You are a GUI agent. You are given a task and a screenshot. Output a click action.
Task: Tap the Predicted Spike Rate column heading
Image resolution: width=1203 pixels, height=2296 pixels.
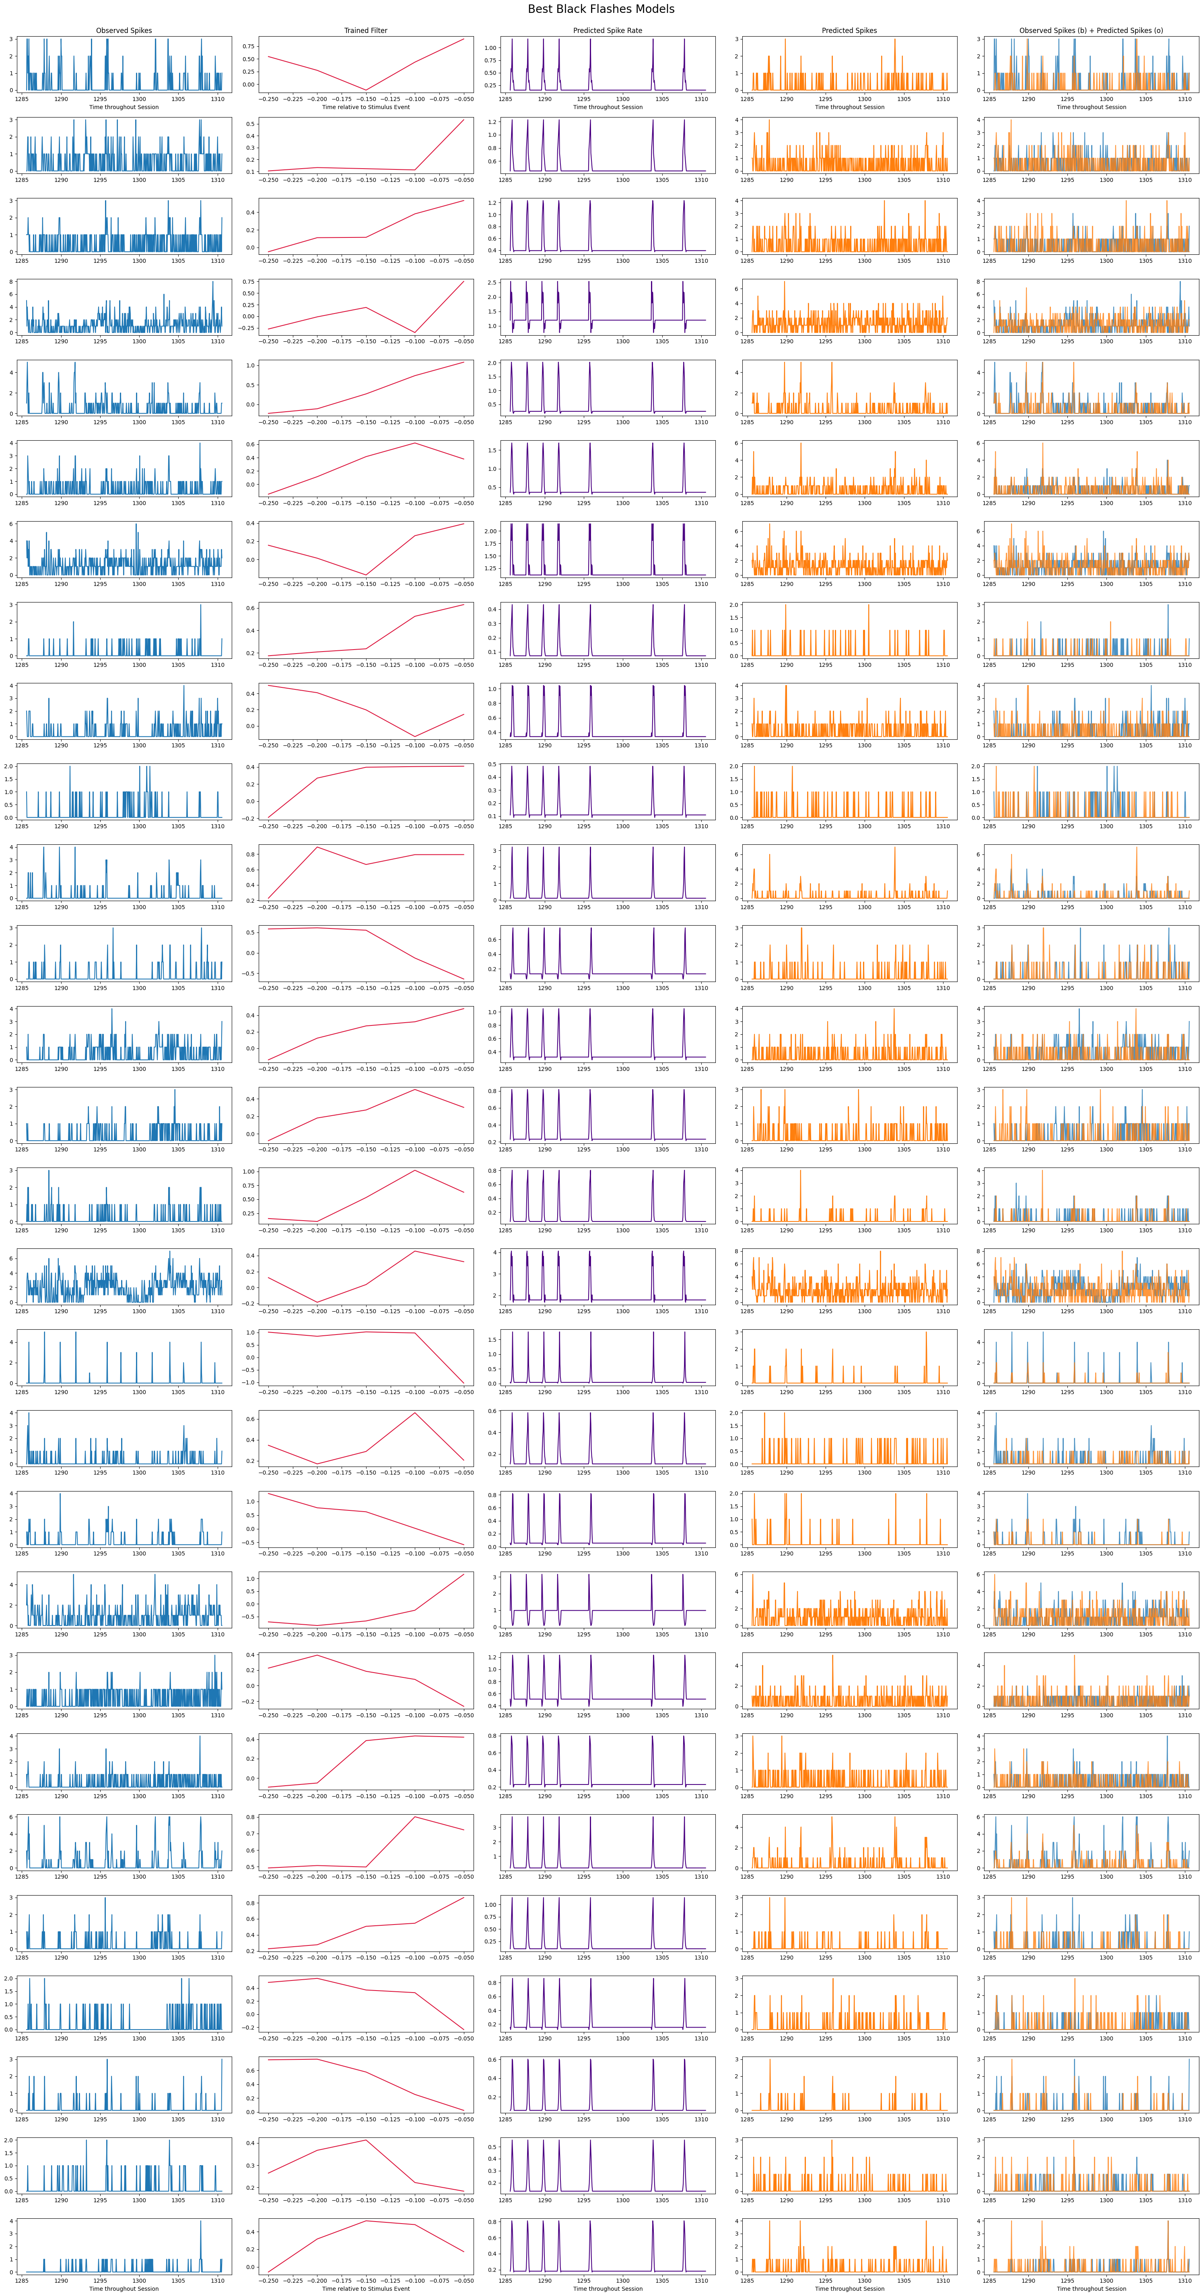tap(608, 30)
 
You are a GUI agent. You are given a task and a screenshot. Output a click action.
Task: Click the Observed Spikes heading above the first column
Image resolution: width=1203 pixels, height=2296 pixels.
tap(124, 30)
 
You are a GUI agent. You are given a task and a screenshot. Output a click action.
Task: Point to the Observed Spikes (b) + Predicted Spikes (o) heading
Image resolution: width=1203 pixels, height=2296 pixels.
tap(1092, 30)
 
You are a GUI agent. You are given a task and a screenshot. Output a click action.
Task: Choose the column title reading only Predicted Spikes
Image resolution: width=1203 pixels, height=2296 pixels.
tap(849, 30)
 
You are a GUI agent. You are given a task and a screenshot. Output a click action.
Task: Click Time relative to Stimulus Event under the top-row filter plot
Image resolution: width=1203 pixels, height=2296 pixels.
tap(366, 107)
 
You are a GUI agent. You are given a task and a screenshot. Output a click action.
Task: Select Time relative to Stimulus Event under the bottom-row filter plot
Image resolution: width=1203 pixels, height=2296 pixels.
tap(366, 2288)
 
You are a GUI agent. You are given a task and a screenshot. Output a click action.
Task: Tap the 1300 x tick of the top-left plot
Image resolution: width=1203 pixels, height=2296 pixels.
tap(139, 98)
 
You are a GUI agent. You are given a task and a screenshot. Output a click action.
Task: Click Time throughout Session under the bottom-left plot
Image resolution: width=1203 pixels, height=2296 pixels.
tap(124, 2288)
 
